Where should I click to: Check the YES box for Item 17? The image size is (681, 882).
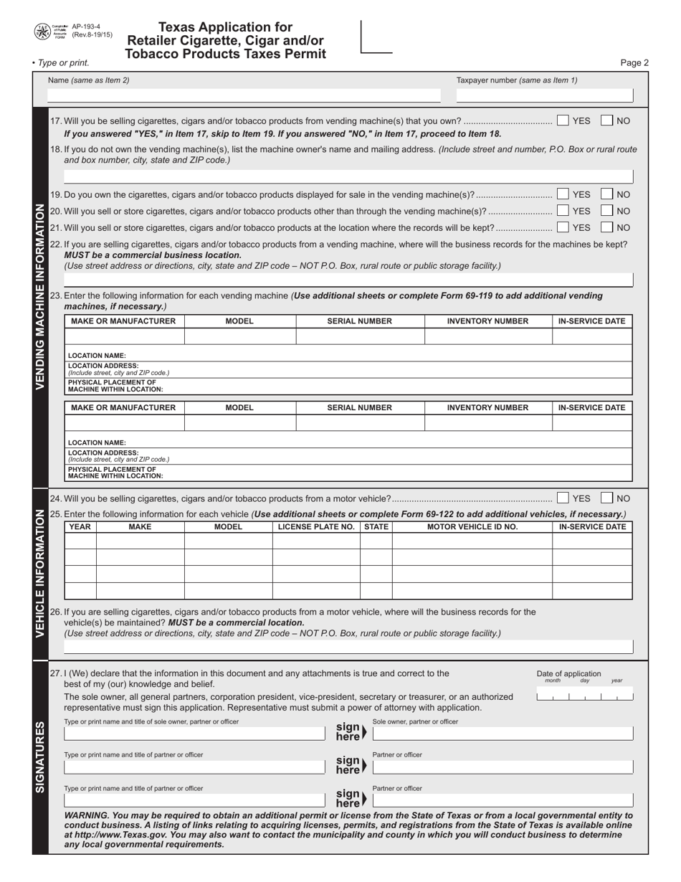tap(563, 120)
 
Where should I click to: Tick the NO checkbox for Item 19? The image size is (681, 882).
tap(606, 194)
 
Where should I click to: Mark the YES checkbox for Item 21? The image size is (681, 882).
tap(563, 227)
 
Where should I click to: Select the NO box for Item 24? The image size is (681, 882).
tap(606, 498)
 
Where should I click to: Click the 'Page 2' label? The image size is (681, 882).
tap(634, 62)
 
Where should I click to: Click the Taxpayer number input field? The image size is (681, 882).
tap(544, 95)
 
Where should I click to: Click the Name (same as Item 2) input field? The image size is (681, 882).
tap(244, 95)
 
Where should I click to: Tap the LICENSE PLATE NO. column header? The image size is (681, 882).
tap(315, 526)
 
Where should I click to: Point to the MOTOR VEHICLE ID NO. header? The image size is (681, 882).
tap(472, 526)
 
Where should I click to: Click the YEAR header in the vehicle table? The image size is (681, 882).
tap(80, 526)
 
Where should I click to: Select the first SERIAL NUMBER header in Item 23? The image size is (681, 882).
tap(359, 321)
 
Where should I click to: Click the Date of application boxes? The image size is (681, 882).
tap(584, 696)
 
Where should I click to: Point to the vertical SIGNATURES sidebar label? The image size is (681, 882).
tap(40, 756)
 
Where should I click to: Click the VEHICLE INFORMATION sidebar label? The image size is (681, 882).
tap(40, 573)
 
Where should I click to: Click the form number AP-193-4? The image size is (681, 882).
tap(86, 27)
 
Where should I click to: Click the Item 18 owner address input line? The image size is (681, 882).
tap(348, 176)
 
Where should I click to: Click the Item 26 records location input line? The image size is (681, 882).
tap(348, 646)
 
